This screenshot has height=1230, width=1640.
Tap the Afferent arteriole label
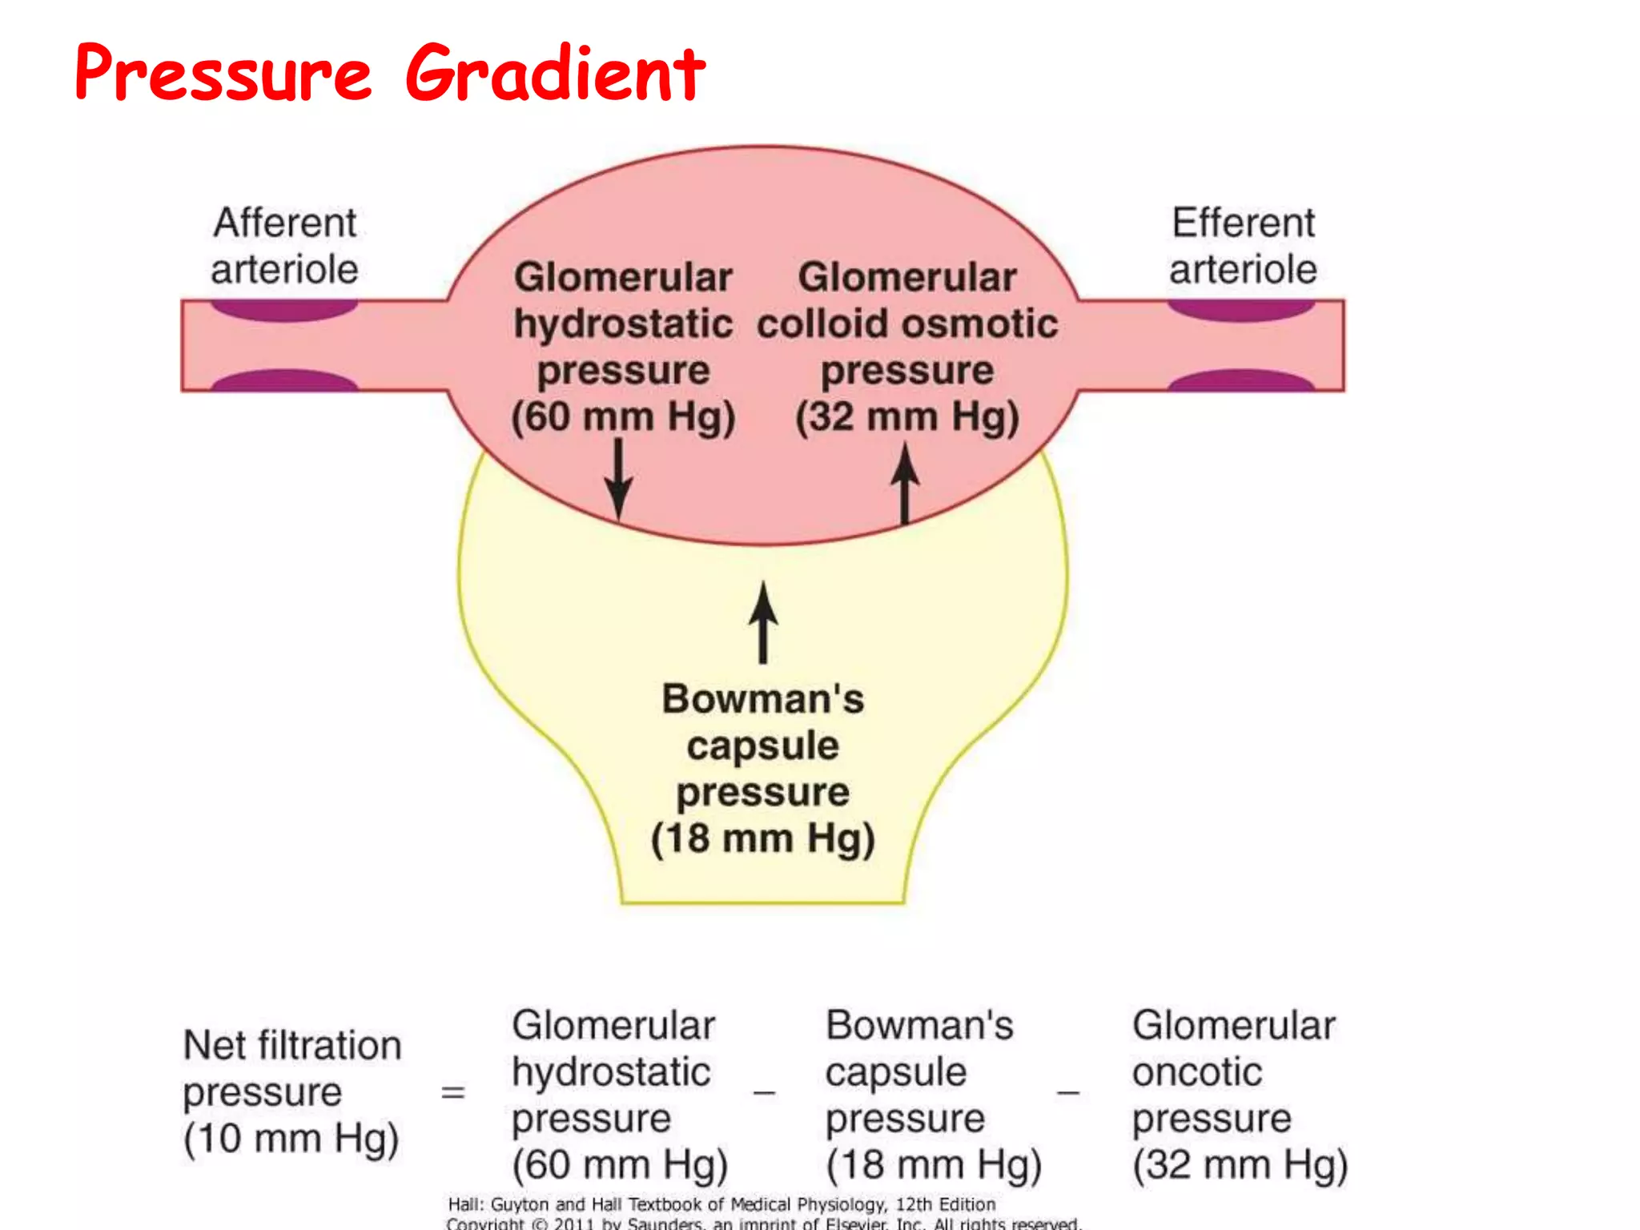click(x=284, y=246)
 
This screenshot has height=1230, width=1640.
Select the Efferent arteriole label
click(x=1243, y=246)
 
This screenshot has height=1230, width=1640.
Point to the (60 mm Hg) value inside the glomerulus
click(x=623, y=417)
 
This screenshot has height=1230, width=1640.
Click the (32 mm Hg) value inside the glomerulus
click(x=907, y=417)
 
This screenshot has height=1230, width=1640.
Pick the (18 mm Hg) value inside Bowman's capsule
click(x=763, y=839)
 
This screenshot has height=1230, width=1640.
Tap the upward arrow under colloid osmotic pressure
click(x=905, y=484)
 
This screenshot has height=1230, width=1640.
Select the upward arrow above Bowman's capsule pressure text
click(x=763, y=622)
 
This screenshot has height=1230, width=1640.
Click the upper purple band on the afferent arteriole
click(x=284, y=310)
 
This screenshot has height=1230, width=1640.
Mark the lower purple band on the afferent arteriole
click(x=284, y=380)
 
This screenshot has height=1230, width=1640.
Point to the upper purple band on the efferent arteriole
click(x=1241, y=310)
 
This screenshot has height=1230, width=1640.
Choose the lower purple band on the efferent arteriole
click(x=1241, y=380)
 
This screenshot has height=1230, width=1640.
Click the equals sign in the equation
click(x=453, y=1092)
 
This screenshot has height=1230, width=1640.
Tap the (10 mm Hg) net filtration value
click(x=291, y=1139)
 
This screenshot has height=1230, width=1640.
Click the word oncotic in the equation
click(x=1197, y=1072)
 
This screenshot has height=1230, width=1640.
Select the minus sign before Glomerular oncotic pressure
click(x=1068, y=1092)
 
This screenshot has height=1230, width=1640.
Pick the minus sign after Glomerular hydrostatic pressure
click(x=764, y=1092)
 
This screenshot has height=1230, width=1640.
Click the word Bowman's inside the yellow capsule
click(x=763, y=699)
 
